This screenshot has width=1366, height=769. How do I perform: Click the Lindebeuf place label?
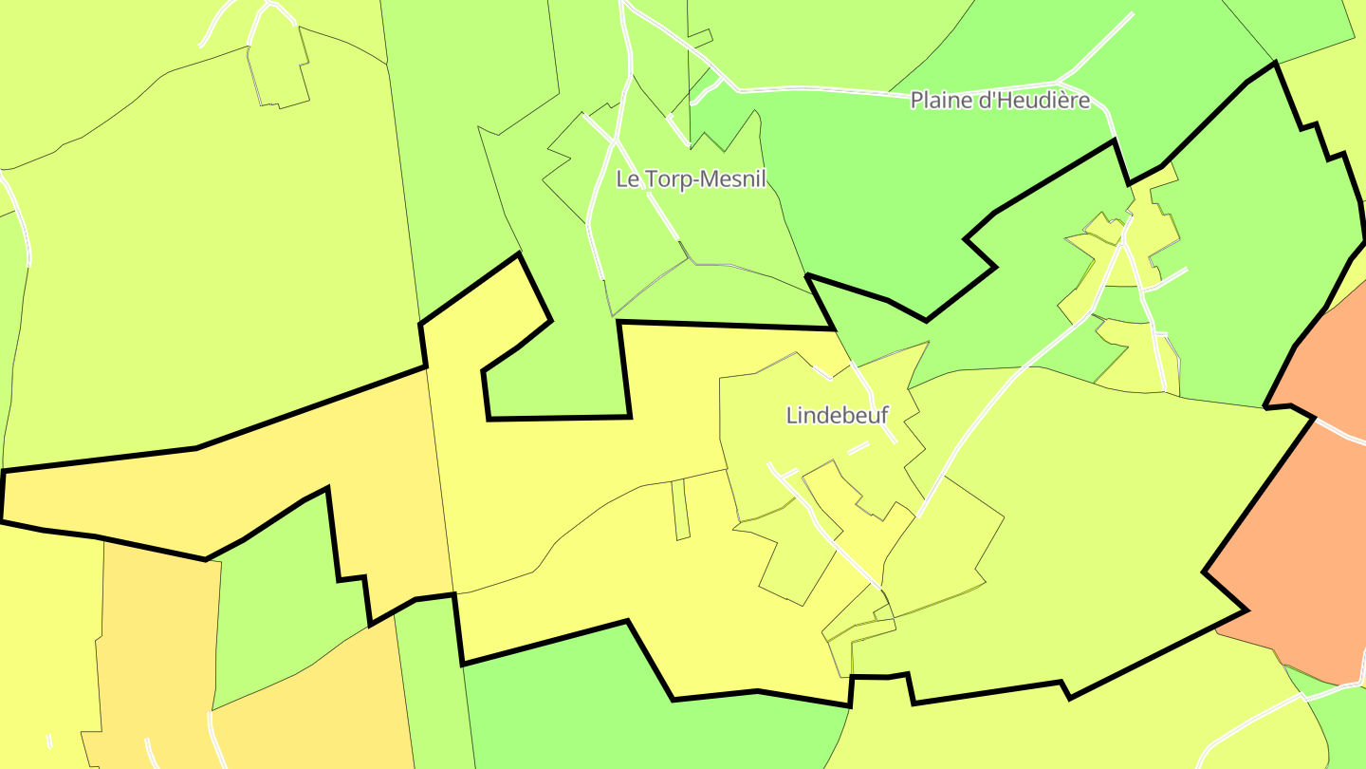[838, 415]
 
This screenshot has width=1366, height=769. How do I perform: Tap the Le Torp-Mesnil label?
[691, 178]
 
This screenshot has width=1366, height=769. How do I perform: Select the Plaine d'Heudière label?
[1000, 100]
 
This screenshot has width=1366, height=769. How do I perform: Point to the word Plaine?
[940, 100]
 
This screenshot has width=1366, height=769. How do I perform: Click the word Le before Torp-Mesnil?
[626, 178]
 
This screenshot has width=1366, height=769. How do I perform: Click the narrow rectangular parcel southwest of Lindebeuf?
[680, 510]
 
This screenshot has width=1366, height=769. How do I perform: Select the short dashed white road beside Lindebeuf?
[858, 449]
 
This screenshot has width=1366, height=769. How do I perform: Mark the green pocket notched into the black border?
[555, 380]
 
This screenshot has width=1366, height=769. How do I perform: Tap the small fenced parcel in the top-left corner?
[280, 71]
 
